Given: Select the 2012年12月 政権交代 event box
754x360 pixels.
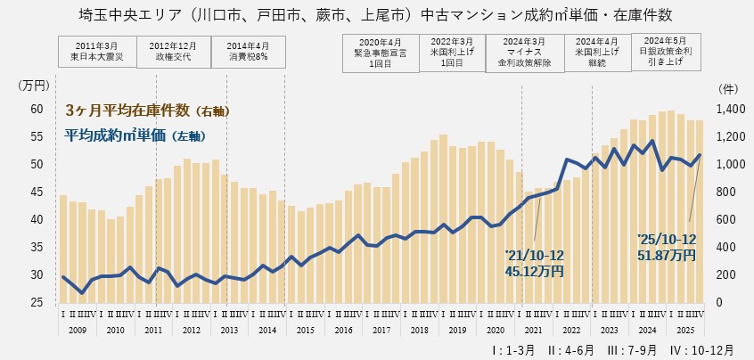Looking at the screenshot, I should (173, 51).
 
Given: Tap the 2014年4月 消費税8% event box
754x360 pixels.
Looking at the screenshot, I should (249, 51).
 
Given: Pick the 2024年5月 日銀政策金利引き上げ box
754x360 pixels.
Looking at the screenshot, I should (666, 52).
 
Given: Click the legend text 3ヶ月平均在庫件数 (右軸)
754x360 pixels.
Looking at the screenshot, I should (148, 110).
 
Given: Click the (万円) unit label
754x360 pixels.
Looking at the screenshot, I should (35, 86).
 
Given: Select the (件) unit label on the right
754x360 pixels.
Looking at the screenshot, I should (726, 89).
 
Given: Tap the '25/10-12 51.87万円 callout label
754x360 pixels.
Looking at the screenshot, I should (668, 247).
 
